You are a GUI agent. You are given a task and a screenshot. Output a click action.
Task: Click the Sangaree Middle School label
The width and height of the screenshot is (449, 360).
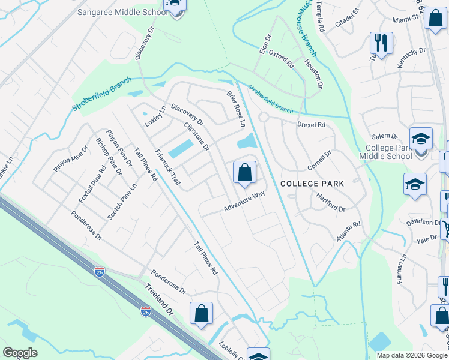tap(122, 12)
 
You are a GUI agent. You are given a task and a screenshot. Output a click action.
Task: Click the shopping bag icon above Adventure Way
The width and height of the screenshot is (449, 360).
tap(244, 173)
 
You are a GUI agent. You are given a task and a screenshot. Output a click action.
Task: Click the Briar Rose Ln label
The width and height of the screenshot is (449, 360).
tap(236, 109)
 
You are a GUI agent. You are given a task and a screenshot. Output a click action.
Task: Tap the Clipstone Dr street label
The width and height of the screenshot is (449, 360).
tap(196, 136)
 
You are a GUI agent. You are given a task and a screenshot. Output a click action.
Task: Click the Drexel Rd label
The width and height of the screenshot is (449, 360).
tap(311, 125)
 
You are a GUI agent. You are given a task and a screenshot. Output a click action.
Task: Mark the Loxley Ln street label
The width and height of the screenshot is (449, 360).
tap(155, 116)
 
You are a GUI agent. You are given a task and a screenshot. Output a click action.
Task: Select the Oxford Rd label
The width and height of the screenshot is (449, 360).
tap(281, 59)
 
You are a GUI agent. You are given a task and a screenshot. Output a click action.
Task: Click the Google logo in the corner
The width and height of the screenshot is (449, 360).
tap(20, 353)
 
